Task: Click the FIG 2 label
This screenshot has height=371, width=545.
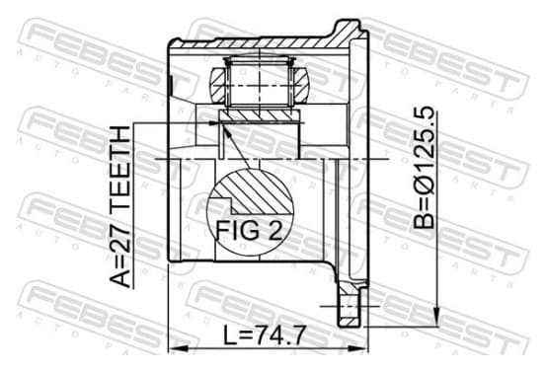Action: coord(249,230)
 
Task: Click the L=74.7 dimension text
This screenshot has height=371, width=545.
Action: coord(265,334)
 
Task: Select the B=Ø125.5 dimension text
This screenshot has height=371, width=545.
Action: coord(424,168)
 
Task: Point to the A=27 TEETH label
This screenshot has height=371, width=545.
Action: coord(120,207)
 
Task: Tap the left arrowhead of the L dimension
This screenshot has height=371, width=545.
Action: coord(178,348)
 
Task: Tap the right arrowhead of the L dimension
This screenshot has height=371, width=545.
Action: coord(358,348)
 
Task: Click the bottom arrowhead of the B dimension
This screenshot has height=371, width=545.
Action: coord(437,316)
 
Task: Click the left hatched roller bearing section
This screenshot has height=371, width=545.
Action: coord(218,85)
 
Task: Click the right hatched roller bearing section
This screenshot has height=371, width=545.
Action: coord(300,85)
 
